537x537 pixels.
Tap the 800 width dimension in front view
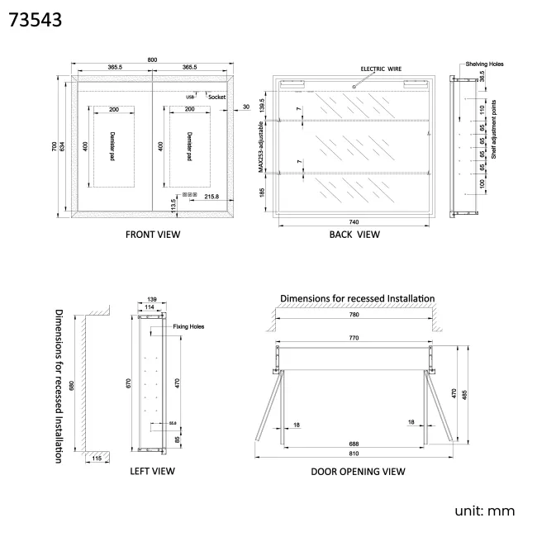pos(152,60)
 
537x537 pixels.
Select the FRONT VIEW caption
pos(152,235)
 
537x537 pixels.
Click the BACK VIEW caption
pos(354,235)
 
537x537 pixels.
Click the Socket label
pos(217,97)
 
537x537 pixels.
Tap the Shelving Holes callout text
pos(484,64)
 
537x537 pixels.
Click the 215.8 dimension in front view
pos(211,197)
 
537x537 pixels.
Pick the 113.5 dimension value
pos(173,205)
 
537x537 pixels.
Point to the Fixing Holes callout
pos(188,326)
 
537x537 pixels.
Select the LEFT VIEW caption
pos(152,471)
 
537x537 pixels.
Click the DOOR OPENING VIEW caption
pos(358,472)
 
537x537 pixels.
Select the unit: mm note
pos(485,511)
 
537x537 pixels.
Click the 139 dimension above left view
pos(151,299)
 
